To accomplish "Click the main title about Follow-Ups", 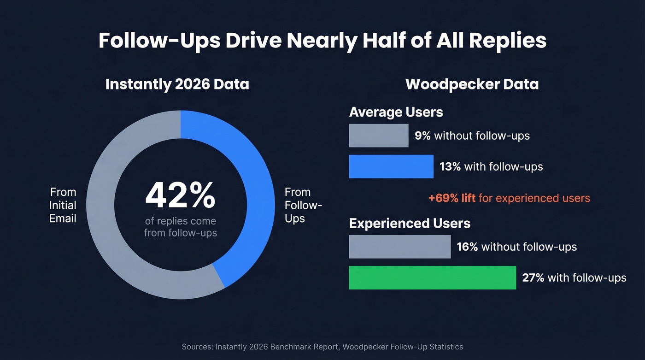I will (x=322, y=41).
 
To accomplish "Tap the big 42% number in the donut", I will (x=180, y=195).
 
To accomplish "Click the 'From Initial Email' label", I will (x=63, y=205).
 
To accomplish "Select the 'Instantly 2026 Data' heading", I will (x=177, y=84).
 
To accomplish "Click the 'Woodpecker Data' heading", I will (x=472, y=84).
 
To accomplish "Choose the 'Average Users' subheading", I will (x=396, y=112).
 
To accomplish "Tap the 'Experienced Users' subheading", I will (x=410, y=223).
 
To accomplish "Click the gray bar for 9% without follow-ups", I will (x=378, y=136).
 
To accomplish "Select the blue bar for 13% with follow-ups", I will (x=391, y=166).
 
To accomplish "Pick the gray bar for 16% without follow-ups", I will (x=399, y=247).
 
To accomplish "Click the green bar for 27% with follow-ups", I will (x=432, y=277).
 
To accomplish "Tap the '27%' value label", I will (x=533, y=277).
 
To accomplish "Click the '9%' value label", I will (x=422, y=136).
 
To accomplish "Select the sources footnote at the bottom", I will (x=322, y=347).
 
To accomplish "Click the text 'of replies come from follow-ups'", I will (x=180, y=227).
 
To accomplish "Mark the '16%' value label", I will (x=467, y=247).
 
